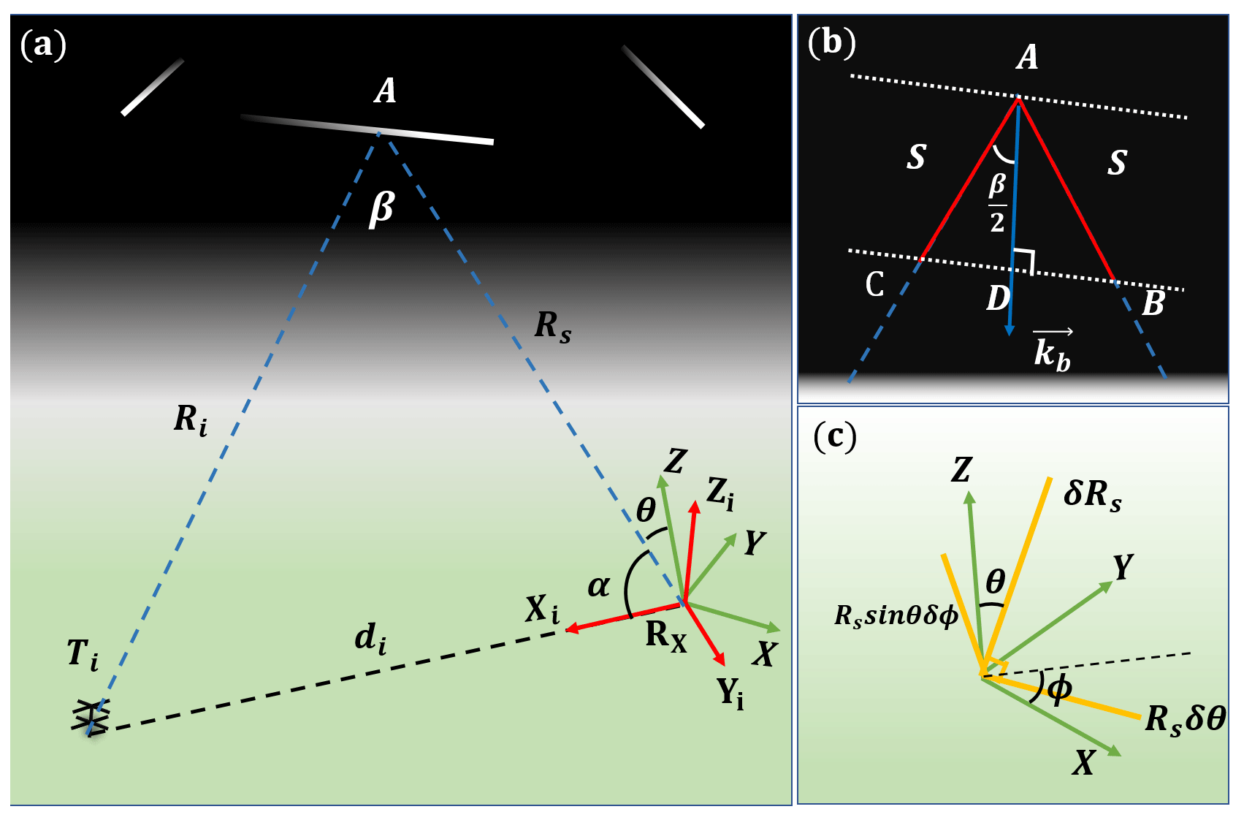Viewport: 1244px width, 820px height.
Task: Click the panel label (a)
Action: [x=43, y=45]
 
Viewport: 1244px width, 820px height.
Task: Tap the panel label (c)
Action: [x=834, y=436]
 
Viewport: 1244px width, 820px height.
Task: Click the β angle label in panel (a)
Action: [x=381, y=209]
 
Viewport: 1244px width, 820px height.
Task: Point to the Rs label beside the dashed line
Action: [x=552, y=326]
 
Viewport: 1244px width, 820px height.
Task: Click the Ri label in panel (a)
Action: [x=190, y=420]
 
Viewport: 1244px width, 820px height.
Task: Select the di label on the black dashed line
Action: [x=370, y=639]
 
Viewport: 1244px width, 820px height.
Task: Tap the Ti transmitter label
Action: [x=82, y=653]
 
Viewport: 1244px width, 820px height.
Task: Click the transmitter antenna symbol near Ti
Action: [x=91, y=717]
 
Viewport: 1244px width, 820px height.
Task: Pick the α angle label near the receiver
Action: [x=598, y=585]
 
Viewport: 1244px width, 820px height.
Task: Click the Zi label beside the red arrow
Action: [x=720, y=493]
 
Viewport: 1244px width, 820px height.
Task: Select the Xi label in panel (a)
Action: [x=541, y=609]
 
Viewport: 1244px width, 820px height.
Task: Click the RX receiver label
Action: [x=665, y=635]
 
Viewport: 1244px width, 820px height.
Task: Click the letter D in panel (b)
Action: [x=998, y=298]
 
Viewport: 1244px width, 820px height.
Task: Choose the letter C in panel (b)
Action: [x=874, y=284]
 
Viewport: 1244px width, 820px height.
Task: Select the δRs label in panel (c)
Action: [x=1092, y=494]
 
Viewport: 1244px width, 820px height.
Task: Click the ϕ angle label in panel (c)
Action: [x=1059, y=688]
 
